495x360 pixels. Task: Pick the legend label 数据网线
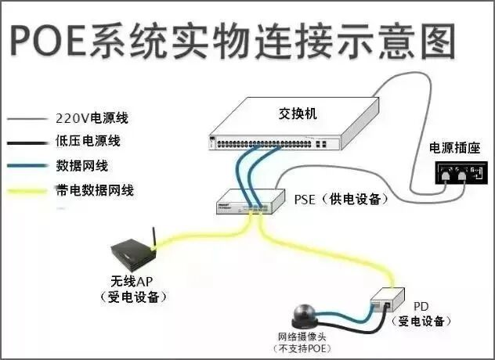pyautogui.click(x=81, y=166)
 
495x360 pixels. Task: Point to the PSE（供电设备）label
pyautogui.click(x=341, y=199)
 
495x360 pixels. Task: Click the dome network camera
pyautogui.click(x=303, y=315)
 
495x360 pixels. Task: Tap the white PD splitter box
pyautogui.click(x=389, y=299)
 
